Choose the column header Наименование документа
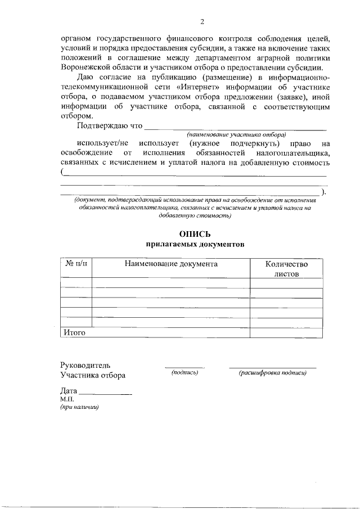coord(171,264)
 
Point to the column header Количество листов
coord(286,268)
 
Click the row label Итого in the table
coord(74,332)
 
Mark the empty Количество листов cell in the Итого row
coord(286,332)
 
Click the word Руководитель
coord(85,365)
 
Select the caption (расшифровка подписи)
coord(272,372)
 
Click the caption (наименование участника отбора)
coord(237,134)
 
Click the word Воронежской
coord(87,66)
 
